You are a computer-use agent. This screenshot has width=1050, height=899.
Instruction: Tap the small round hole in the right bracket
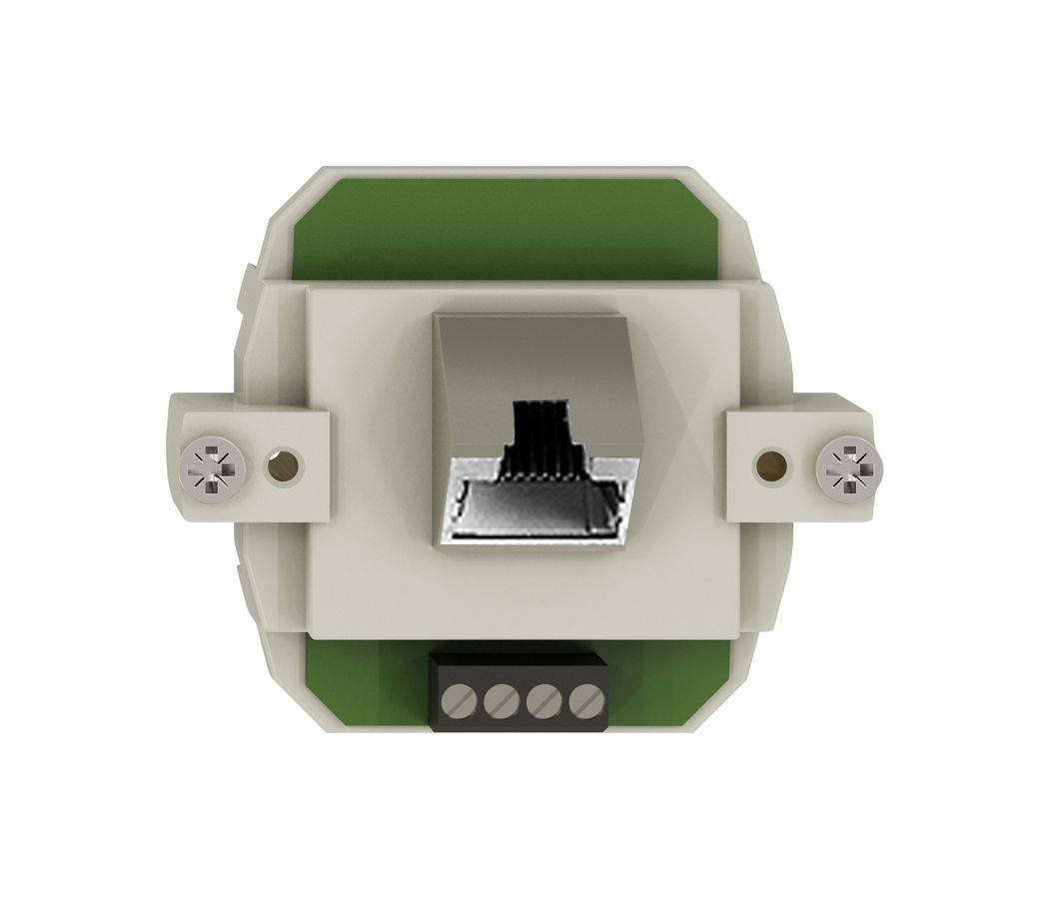click(770, 464)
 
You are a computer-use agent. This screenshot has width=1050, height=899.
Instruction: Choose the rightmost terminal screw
click(582, 702)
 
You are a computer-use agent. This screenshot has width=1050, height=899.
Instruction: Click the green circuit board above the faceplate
click(510, 235)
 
